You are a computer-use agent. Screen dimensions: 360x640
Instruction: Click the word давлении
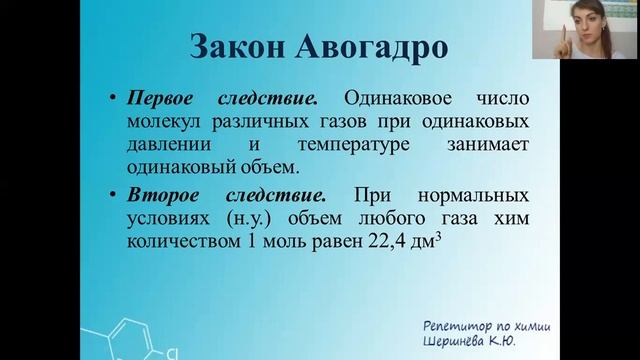(x=162, y=145)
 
